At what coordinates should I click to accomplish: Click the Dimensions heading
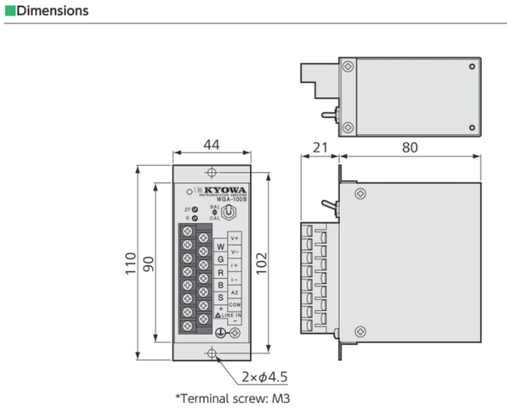[x=52, y=11]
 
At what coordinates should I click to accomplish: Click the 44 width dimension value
[x=212, y=146]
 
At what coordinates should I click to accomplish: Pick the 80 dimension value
[x=409, y=147]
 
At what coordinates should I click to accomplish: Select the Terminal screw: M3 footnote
[x=232, y=396]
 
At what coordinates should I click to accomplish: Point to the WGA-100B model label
[x=230, y=200]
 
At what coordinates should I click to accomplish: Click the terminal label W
[x=221, y=246]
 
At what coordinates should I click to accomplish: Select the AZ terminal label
[x=235, y=291]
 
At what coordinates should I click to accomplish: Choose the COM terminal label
[x=235, y=304]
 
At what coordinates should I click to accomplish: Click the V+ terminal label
[x=235, y=239]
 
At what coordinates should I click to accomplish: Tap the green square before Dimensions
[x=8, y=11]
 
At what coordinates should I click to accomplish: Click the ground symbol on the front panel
[x=221, y=333]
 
